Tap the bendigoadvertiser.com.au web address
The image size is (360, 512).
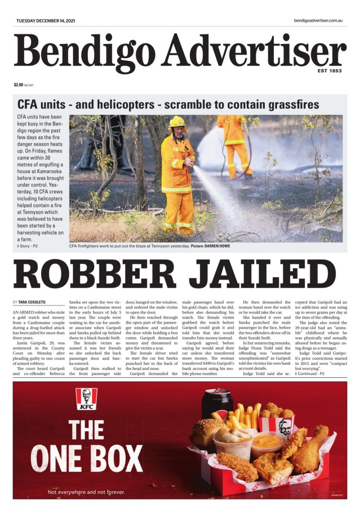coord(318,21)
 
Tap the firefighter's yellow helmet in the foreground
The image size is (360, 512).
coord(177,122)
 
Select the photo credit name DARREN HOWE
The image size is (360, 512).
coord(221,246)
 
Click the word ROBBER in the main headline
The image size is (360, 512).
coord(97,276)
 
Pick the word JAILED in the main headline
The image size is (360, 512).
coord(266,276)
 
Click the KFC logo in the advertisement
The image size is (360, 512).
coord(86,399)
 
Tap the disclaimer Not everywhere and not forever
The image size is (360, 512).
coord(86,492)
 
